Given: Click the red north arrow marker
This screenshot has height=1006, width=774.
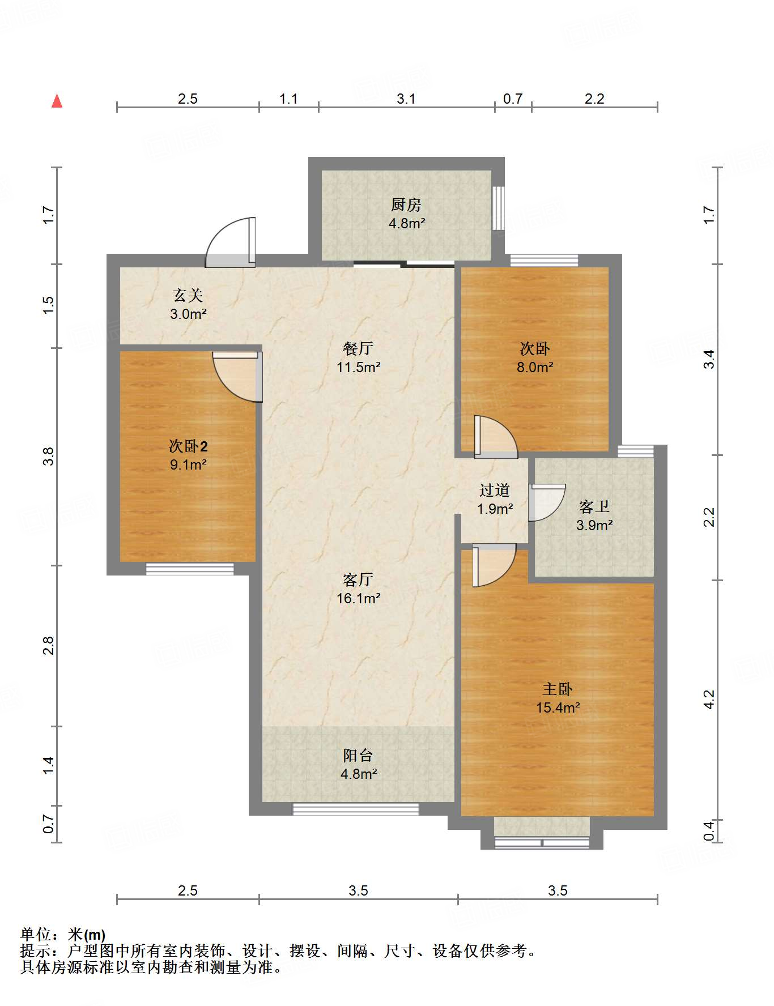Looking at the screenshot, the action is (57, 101).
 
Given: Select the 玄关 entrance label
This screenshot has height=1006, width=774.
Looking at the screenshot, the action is (188, 295).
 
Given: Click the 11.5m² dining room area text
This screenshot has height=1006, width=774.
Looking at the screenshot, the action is (358, 367).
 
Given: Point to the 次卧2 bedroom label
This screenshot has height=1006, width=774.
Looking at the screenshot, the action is (188, 446).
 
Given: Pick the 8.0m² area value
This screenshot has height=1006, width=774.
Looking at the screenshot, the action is (535, 367).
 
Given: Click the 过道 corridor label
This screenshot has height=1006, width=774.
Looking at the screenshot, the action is (495, 490).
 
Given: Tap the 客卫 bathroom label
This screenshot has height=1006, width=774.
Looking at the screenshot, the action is (594, 506).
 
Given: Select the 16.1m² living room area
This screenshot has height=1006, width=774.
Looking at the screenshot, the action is (358, 598).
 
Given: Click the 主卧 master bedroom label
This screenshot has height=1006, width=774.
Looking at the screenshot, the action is (558, 689).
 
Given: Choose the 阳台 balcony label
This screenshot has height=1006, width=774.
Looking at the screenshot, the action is (358, 756).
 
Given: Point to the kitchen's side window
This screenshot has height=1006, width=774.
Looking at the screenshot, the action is (497, 208).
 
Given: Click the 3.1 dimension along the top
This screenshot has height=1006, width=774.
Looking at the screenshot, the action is (406, 99).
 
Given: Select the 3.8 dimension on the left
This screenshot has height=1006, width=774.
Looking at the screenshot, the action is (49, 457).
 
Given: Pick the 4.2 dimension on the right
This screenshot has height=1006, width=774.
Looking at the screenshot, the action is (709, 699).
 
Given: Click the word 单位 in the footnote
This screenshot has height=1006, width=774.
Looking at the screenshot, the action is (36, 935).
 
